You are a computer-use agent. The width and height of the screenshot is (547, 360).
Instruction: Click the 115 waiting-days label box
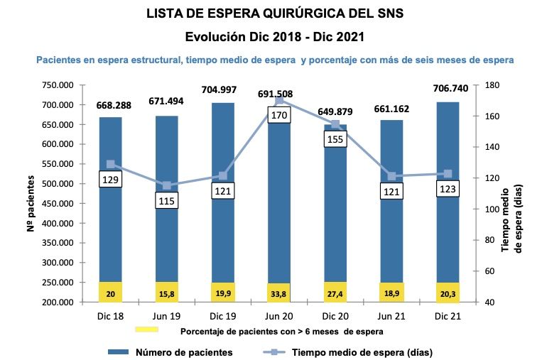coord(167,201)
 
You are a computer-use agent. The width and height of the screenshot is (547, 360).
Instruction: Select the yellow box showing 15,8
coord(167,292)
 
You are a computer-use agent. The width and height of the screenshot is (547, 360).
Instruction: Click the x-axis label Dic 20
coord(334,315)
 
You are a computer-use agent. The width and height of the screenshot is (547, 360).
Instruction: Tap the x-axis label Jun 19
coord(167,315)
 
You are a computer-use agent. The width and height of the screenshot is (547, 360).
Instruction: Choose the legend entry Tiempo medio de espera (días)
coord(362,351)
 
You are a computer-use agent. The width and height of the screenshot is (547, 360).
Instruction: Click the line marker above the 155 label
coord(334,124)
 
